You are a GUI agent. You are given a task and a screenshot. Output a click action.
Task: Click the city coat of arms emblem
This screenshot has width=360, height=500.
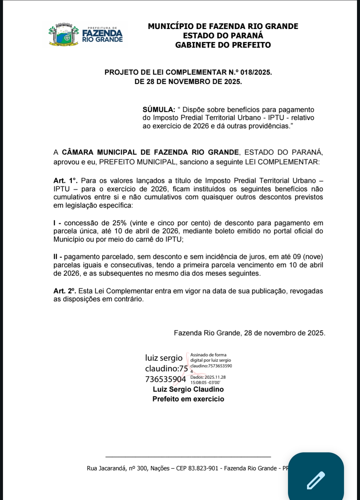click(x=63, y=35)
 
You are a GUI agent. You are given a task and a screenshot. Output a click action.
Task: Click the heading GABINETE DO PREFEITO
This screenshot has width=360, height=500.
click(x=223, y=45)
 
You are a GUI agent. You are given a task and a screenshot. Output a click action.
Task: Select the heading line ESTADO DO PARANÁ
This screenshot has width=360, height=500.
click(x=223, y=36)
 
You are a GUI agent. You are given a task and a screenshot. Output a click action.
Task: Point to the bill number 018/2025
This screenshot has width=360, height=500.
click(x=256, y=72)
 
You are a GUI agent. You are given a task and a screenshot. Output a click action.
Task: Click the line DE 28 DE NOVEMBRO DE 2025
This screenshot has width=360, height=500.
click(x=188, y=82)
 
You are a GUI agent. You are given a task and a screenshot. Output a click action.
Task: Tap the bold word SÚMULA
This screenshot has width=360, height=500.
click(x=159, y=110)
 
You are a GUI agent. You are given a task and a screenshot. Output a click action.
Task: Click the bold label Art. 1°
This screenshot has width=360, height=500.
click(x=65, y=181)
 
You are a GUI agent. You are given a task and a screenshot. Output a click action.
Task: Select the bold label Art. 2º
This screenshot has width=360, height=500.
click(x=65, y=291)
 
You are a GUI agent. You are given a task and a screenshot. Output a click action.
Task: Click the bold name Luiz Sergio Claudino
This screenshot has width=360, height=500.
click(x=188, y=389)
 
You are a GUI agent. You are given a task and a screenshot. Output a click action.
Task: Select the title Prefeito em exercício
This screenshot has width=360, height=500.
click(x=188, y=399)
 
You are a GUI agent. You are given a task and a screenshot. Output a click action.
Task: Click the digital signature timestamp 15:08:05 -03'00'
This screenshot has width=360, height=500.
click(x=205, y=383)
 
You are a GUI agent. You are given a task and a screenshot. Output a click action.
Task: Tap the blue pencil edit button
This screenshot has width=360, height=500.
click(x=316, y=480)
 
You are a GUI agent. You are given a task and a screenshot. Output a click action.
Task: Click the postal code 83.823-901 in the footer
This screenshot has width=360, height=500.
click(x=203, y=468)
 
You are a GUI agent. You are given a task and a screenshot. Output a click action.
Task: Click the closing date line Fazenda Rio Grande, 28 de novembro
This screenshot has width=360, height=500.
click(x=249, y=333)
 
